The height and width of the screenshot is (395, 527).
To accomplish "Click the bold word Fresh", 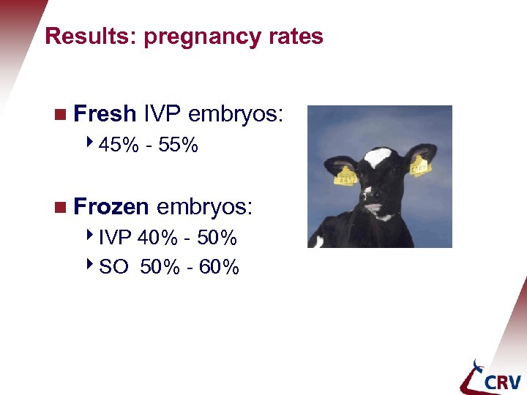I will [x=105, y=114].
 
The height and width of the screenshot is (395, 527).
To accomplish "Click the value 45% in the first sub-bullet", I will [x=119, y=146].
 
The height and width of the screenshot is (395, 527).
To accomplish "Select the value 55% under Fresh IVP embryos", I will [x=178, y=146].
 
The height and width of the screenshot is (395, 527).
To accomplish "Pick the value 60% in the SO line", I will [x=219, y=267].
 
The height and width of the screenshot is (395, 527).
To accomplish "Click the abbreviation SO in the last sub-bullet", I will [x=112, y=267].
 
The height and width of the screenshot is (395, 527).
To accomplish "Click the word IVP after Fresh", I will [x=162, y=114].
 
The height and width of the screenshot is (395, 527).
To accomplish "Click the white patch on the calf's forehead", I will [x=378, y=157].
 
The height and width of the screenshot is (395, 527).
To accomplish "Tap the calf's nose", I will [x=377, y=208].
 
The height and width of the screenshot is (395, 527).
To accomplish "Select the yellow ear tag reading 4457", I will [x=345, y=176].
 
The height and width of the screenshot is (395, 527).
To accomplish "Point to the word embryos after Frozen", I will [x=204, y=207].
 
